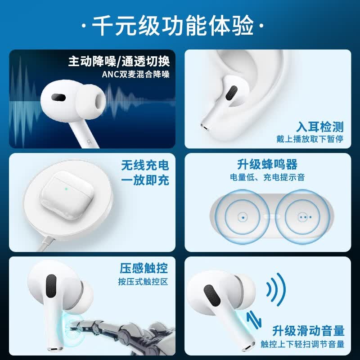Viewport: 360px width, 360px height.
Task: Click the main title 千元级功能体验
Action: pyautogui.click(x=172, y=26)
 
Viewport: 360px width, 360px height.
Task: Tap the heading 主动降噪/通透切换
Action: pyautogui.click(x=119, y=61)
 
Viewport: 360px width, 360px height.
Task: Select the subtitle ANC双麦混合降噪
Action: pyautogui.click(x=136, y=74)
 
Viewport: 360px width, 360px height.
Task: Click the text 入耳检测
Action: pyautogui.click(x=319, y=127)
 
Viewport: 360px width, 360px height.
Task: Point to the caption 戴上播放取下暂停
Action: pyautogui.click(x=310, y=139)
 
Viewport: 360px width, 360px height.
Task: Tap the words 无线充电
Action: pyautogui.click(x=145, y=165)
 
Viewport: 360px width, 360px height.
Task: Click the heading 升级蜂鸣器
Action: pyautogui.click(x=267, y=164)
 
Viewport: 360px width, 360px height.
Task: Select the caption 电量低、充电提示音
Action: pyautogui.click(x=267, y=177)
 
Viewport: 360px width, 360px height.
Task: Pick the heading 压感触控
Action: pyautogui.click(x=144, y=268)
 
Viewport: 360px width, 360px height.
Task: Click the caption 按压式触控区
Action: pyautogui.click(x=143, y=282)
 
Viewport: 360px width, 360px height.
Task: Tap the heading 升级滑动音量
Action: pyautogui.click(x=308, y=331)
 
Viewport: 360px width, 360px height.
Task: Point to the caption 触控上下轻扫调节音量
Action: pyautogui.click(x=302, y=344)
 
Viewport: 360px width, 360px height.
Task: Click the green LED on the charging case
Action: pyautogui.click(x=66, y=189)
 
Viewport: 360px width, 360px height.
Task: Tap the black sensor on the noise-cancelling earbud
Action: pyautogui.click(x=58, y=97)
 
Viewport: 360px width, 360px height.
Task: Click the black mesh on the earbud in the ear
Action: pyautogui.click(x=231, y=93)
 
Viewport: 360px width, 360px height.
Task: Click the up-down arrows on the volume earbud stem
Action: pyautogui.click(x=254, y=320)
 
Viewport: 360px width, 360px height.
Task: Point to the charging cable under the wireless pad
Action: pyautogui.click(x=46, y=244)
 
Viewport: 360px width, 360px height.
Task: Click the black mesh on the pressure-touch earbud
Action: pyautogui.click(x=51, y=286)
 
